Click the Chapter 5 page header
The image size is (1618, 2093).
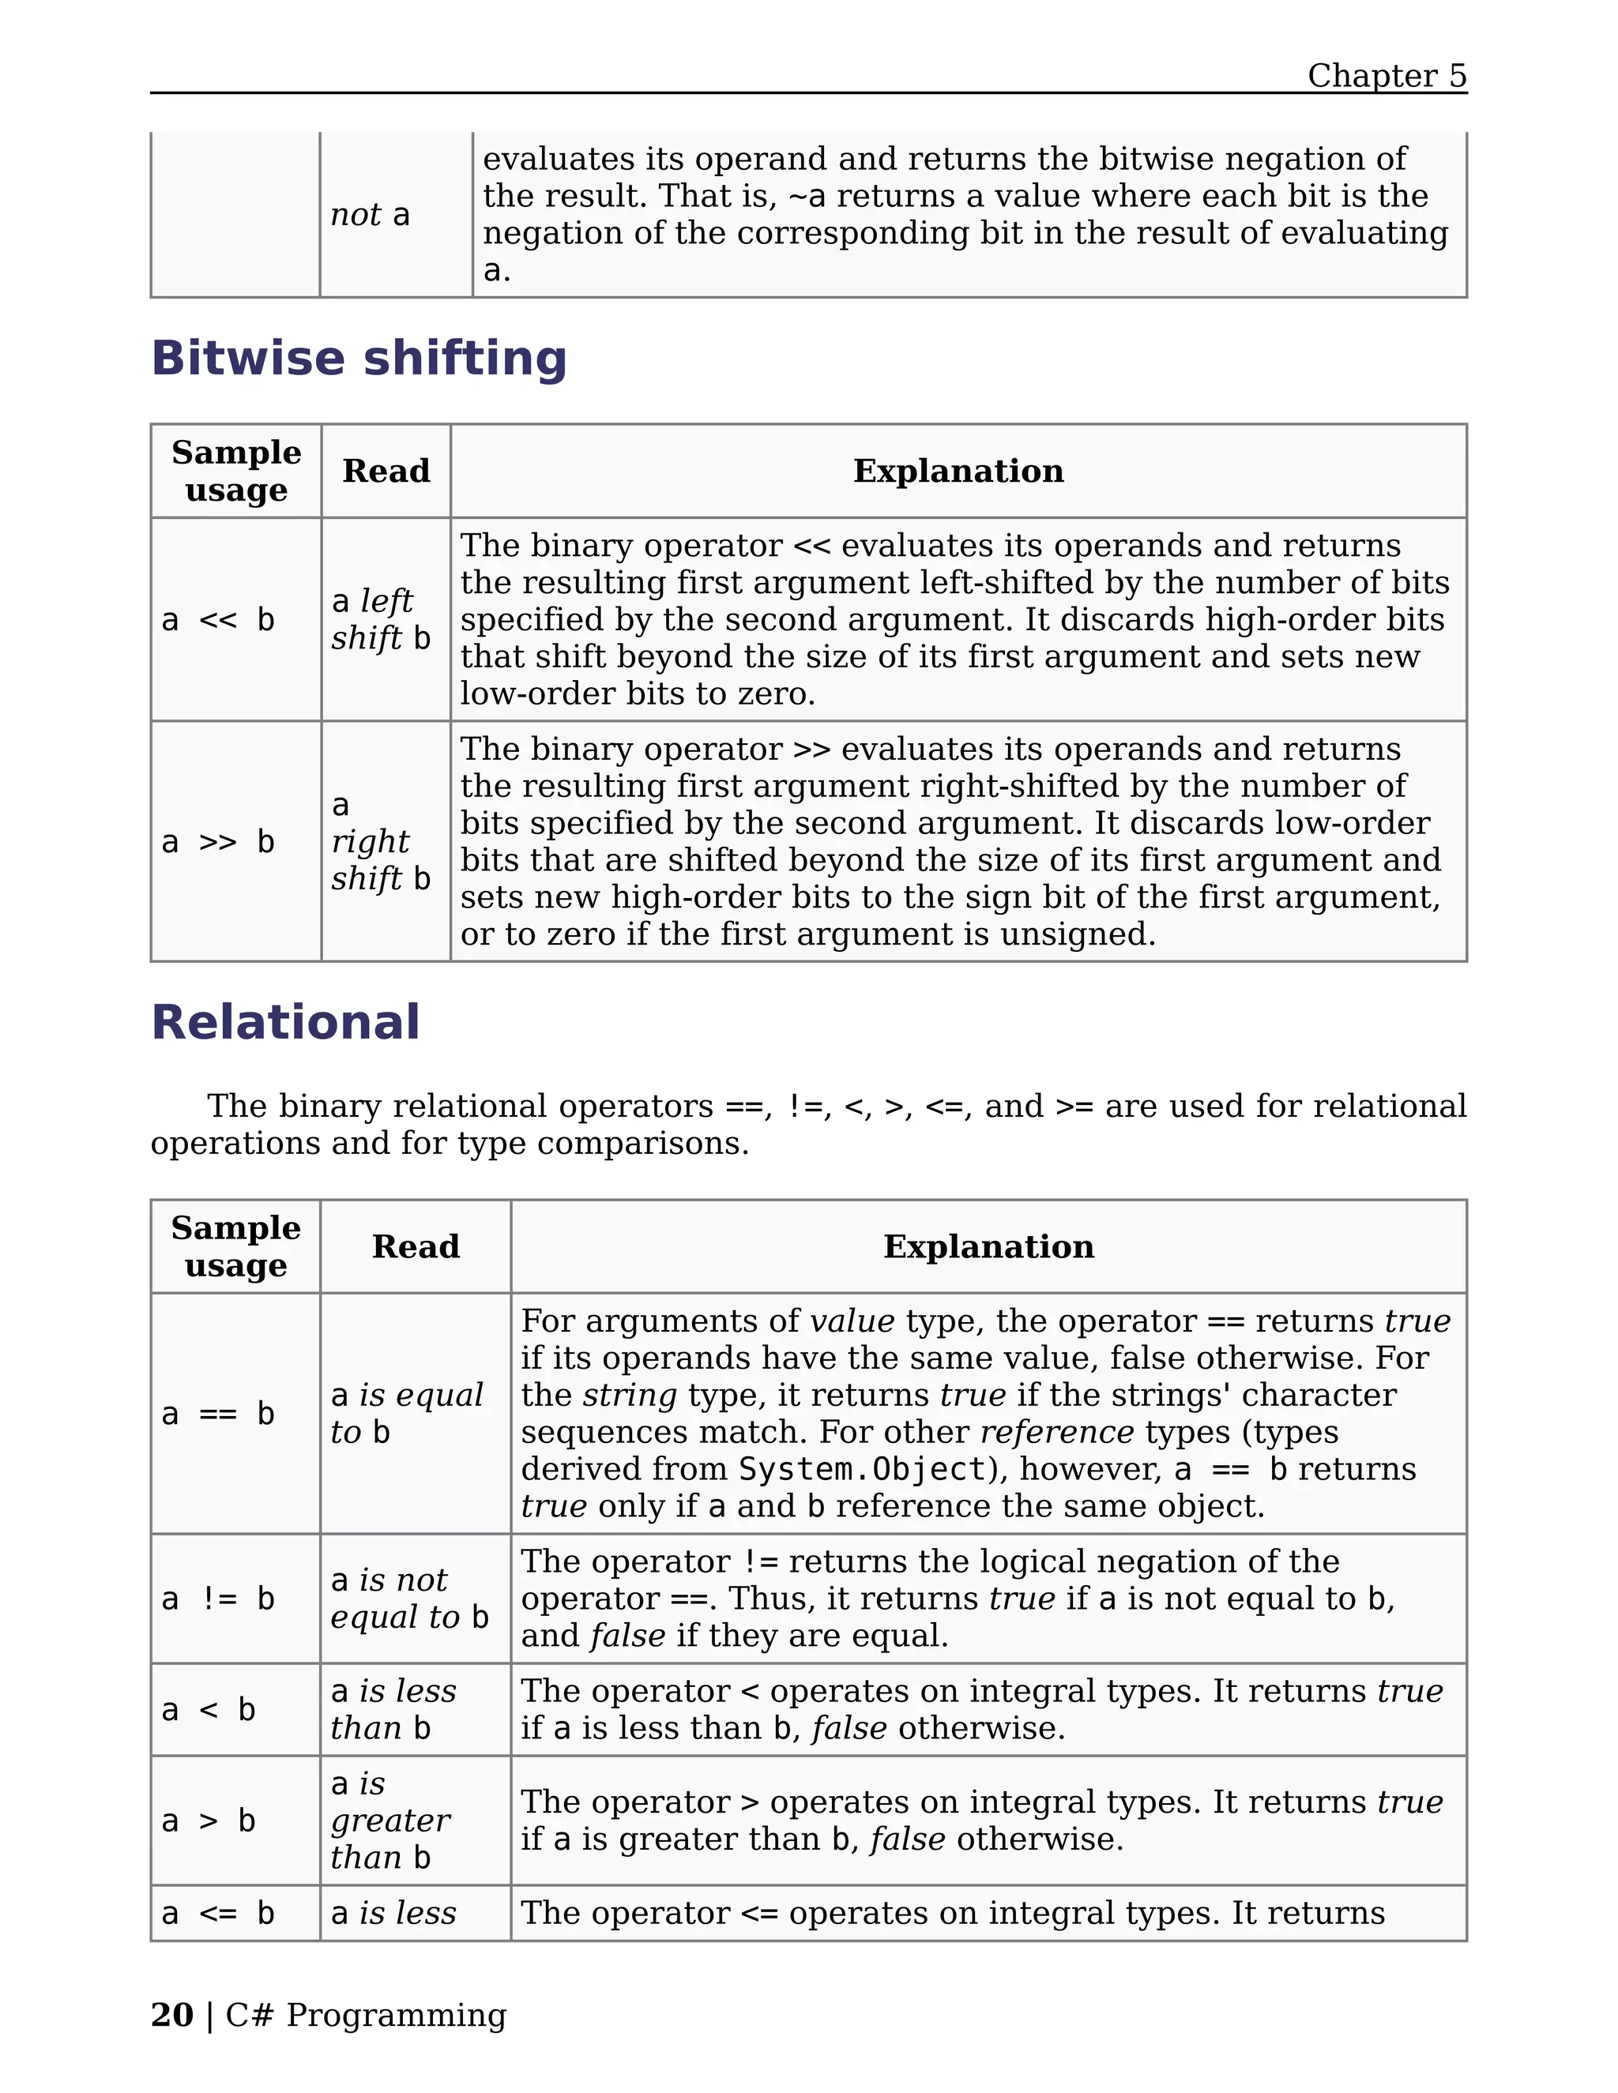(x=1386, y=76)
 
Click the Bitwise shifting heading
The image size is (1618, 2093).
(x=359, y=359)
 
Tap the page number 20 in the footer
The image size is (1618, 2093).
(x=171, y=2015)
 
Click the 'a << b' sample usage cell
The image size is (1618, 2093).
(x=219, y=620)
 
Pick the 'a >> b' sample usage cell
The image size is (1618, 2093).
(x=219, y=841)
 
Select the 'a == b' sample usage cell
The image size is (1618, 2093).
(x=219, y=1414)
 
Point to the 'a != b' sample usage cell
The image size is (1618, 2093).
(x=219, y=1599)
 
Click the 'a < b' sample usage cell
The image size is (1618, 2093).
(x=209, y=1710)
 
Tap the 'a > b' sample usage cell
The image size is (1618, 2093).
(x=209, y=1821)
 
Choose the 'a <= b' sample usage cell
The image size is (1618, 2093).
(x=219, y=1913)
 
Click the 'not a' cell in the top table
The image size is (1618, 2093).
(x=370, y=215)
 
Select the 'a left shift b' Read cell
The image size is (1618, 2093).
(x=382, y=620)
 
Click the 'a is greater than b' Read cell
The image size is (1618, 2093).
(x=390, y=1821)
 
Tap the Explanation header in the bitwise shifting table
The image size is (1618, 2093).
(x=958, y=472)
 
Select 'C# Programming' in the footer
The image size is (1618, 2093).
(x=365, y=2015)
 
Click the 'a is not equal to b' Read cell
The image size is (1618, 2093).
(x=410, y=1599)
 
